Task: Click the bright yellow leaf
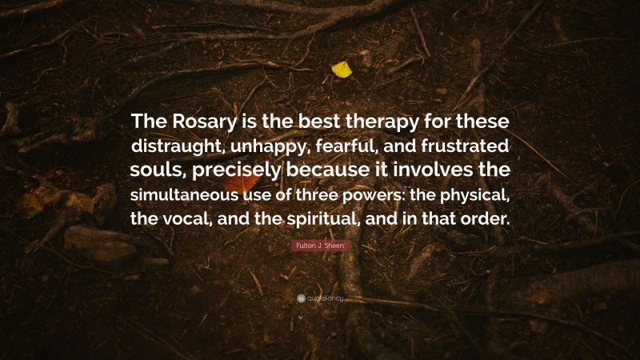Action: pos(342,70)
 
